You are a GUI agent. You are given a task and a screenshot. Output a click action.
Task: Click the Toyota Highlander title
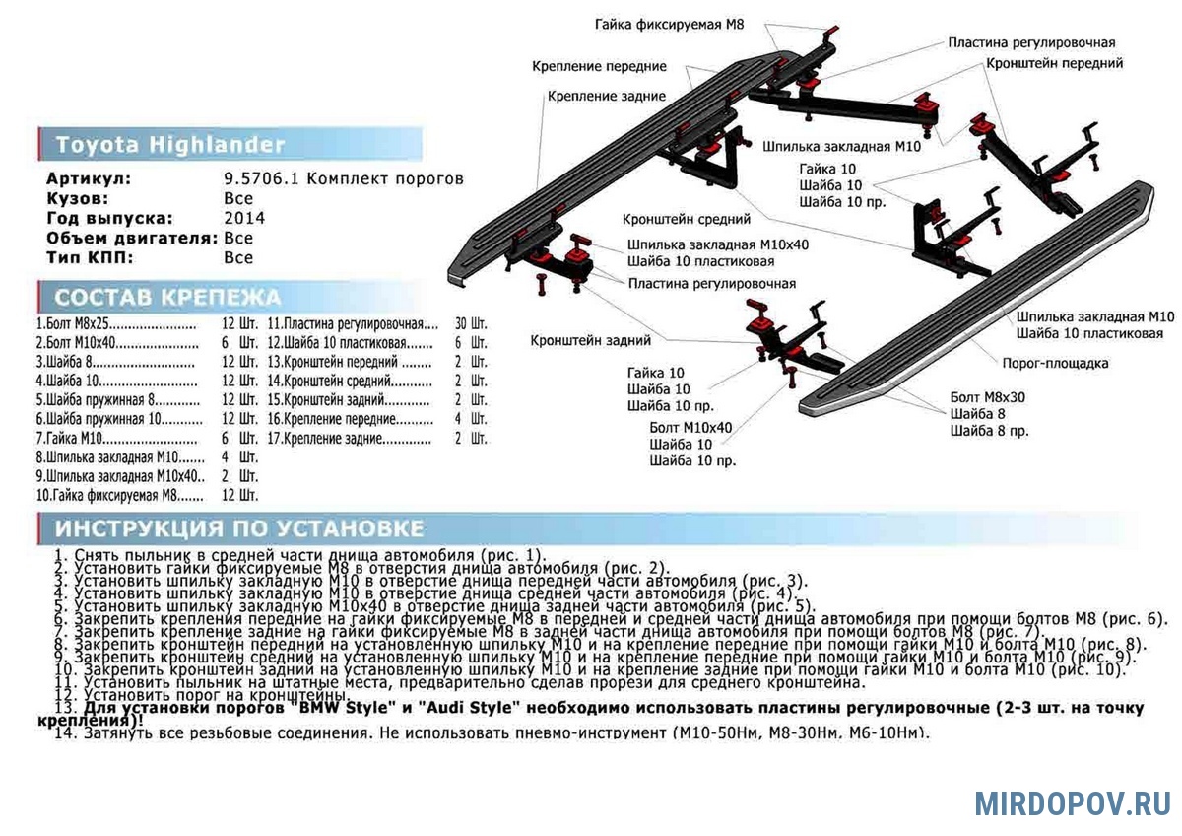click(x=169, y=145)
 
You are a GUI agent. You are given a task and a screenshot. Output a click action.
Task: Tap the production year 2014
click(x=244, y=218)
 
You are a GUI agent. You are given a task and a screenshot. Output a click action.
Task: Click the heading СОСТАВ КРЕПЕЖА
click(x=167, y=298)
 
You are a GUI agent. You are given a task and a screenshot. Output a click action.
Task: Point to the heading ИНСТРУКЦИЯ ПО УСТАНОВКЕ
click(x=239, y=528)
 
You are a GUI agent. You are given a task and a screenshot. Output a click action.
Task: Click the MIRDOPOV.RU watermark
click(x=1073, y=803)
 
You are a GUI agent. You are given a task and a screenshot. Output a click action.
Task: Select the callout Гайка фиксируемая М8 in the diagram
click(x=668, y=23)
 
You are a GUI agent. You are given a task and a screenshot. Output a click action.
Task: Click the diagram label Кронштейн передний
click(x=1054, y=63)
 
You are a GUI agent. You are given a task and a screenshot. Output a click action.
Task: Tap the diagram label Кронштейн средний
click(x=687, y=219)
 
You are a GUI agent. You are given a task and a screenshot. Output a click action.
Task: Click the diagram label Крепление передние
click(x=599, y=66)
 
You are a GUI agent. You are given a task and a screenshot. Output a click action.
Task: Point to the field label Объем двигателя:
click(x=132, y=238)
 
